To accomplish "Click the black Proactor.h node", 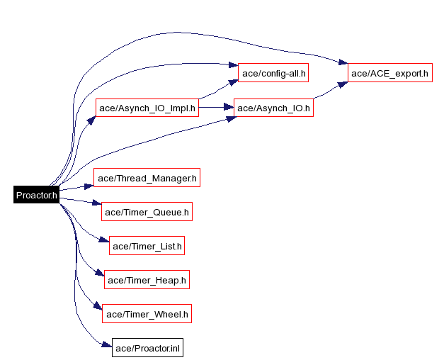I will pos(36,195).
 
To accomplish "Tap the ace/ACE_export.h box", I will pos(389,72).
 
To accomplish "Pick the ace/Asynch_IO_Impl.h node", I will pos(147,108).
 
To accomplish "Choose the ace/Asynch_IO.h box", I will pos(273,108).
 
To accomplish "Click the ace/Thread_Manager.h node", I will pos(147,178).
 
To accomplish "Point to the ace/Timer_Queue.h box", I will pos(147,211).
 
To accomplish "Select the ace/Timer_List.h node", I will pos(147,246).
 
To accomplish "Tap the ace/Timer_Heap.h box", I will pos(147,280).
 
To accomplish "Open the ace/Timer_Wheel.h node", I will pos(147,313).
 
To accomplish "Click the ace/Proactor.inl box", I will pos(147,347).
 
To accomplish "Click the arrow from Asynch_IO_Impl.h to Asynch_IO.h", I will pos(216,108).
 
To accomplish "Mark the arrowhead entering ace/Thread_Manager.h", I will pos(89,186).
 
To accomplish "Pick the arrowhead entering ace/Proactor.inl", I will pos(108,345).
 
